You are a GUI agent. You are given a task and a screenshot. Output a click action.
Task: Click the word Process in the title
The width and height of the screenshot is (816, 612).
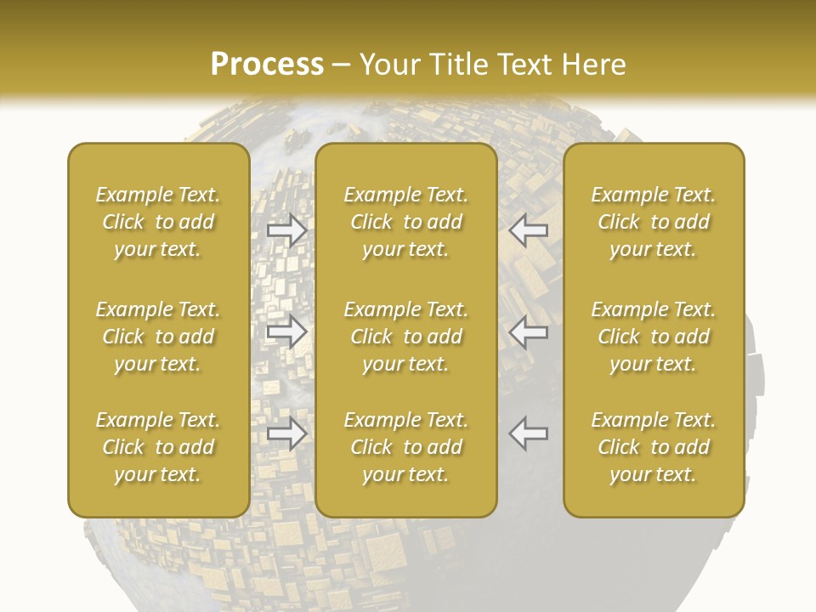tap(267, 65)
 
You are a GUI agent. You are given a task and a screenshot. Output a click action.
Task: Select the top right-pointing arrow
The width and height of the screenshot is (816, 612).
tap(286, 230)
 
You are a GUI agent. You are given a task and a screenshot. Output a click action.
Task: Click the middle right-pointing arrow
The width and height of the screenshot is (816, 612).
tap(286, 331)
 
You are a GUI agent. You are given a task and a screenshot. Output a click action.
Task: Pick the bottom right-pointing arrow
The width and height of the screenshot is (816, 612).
tap(286, 433)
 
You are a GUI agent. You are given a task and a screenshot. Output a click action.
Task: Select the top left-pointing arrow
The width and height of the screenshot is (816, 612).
tap(528, 230)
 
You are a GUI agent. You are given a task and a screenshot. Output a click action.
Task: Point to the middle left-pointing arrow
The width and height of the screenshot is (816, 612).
tap(528, 331)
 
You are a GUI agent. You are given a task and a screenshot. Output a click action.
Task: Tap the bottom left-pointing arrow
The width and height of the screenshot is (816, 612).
tap(528, 433)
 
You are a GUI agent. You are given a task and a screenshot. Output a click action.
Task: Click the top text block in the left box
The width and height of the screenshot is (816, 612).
tap(158, 222)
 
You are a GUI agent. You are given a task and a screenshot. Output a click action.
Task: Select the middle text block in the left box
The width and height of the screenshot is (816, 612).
tap(158, 337)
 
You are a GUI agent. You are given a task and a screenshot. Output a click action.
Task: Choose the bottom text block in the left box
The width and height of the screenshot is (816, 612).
tap(158, 447)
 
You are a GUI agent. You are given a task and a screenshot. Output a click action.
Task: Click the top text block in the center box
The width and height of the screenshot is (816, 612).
tap(405, 222)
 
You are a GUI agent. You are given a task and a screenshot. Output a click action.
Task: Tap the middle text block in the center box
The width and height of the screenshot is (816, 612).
tap(405, 337)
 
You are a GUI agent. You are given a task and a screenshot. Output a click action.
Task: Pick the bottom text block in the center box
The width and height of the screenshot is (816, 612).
tap(405, 447)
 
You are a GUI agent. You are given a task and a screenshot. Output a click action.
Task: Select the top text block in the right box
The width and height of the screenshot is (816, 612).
tap(654, 222)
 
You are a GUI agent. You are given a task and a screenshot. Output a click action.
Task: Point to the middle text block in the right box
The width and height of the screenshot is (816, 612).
tap(654, 337)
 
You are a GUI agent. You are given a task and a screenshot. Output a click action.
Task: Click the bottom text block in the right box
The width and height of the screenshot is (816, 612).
tap(654, 447)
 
